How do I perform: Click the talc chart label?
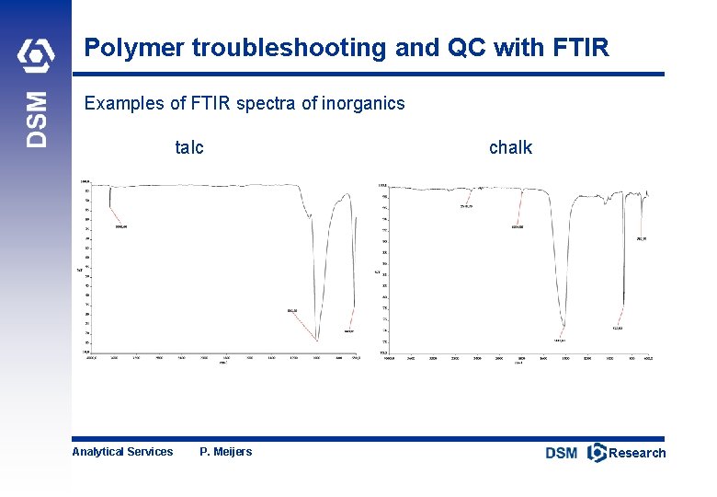pyautogui.click(x=189, y=147)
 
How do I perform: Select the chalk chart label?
pyautogui.click(x=510, y=147)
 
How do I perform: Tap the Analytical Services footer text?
pyautogui.click(x=122, y=451)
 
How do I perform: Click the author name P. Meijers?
pyautogui.click(x=225, y=451)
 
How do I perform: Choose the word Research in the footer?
pyautogui.click(x=637, y=452)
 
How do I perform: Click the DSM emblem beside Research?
pyautogui.click(x=597, y=452)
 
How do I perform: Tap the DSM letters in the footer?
pyautogui.click(x=562, y=452)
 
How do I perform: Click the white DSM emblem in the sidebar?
pyautogui.click(x=37, y=57)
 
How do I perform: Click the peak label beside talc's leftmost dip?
pyautogui.click(x=120, y=226)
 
